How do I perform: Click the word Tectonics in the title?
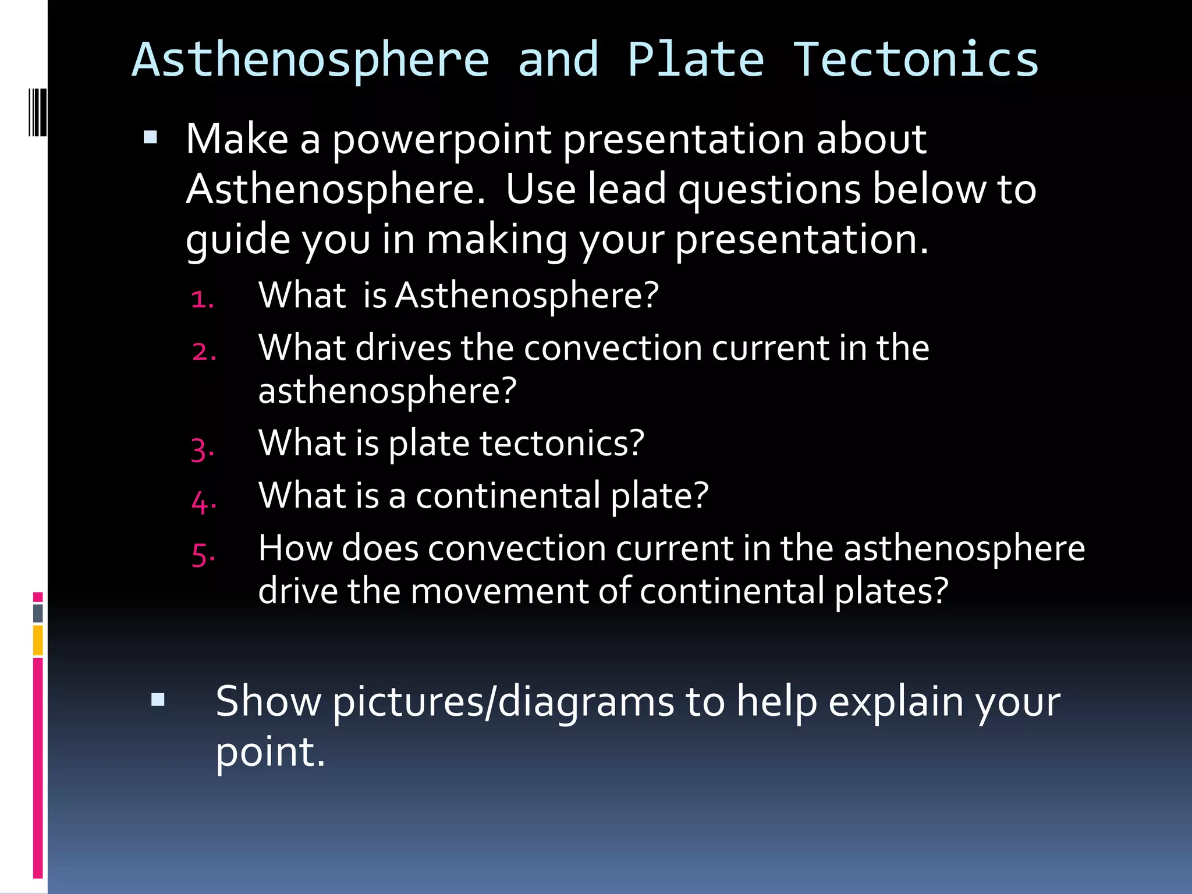[x=916, y=60]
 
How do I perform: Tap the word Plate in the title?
[x=696, y=60]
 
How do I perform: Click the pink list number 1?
[x=202, y=299]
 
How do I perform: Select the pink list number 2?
[x=204, y=352]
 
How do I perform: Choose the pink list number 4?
[x=204, y=501]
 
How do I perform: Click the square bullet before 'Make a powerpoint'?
[x=150, y=137]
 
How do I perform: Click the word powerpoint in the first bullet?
[x=442, y=140]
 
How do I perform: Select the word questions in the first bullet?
[x=769, y=190]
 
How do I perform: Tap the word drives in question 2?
[x=403, y=348]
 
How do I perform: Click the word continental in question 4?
[x=508, y=496]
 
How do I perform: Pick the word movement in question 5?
[x=501, y=591]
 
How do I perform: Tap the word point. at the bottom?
[x=270, y=752]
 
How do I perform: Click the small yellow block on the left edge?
[x=38, y=640]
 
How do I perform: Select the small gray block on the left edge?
[x=38, y=613]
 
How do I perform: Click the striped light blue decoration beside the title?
[x=37, y=112]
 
